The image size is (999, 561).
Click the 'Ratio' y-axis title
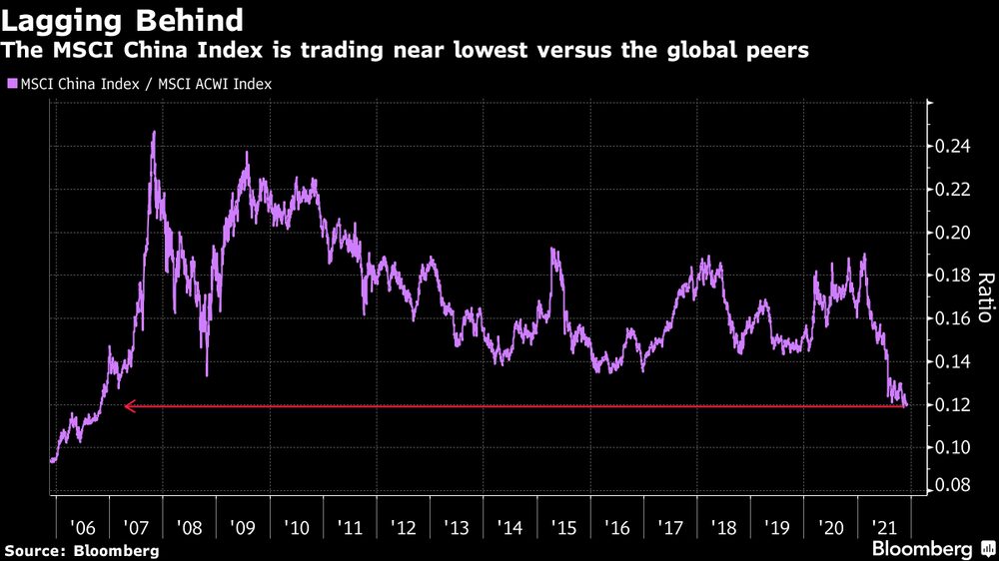tap(984, 297)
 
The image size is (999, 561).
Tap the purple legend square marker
tap(12, 85)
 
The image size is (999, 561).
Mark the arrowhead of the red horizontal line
tap(127, 406)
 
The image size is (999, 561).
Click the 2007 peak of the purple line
tap(154, 132)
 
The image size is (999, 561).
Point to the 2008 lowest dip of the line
tap(207, 374)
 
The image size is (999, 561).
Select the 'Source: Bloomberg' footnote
tap(81, 550)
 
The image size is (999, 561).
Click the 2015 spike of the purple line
tap(552, 249)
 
